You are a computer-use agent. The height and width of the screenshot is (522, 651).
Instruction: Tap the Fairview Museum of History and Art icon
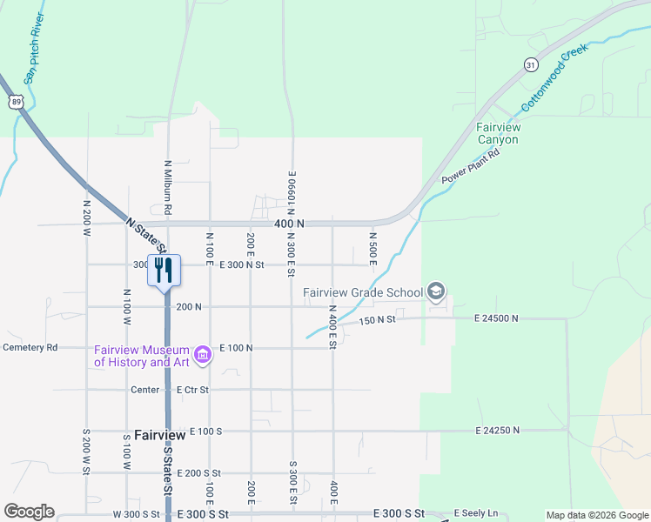(203, 354)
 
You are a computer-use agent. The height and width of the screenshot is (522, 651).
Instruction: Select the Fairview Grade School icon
(437, 292)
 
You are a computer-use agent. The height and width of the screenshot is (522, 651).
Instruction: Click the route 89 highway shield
(16, 102)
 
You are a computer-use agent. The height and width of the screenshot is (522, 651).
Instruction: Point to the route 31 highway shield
(531, 64)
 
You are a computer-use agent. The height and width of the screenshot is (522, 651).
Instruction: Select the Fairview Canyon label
(498, 133)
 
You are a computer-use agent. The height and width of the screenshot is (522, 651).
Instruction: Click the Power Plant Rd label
(470, 166)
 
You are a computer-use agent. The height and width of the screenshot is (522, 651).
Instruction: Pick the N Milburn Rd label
(166, 187)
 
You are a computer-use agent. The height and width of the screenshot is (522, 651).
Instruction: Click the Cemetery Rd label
(30, 347)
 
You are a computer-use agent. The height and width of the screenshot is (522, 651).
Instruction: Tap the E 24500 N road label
(497, 319)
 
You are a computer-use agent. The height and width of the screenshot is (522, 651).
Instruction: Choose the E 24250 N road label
(497, 431)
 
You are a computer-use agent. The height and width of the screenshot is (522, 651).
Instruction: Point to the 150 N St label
(376, 320)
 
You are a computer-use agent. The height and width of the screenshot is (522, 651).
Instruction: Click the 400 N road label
(288, 224)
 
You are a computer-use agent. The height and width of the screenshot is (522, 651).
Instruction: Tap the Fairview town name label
(160, 434)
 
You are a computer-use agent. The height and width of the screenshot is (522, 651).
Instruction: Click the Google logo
(29, 512)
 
